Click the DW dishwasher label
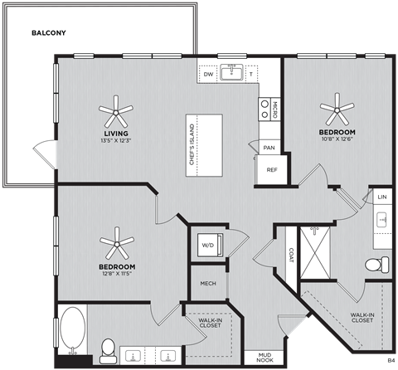(209, 75)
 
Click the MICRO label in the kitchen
(264, 109)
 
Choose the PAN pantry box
(269, 148)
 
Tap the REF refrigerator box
(271, 169)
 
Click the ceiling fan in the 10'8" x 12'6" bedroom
(337, 105)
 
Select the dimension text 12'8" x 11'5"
(116, 275)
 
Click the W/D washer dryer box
(206, 245)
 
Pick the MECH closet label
(208, 284)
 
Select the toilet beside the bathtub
(107, 350)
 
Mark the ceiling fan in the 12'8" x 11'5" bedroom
(116, 244)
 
